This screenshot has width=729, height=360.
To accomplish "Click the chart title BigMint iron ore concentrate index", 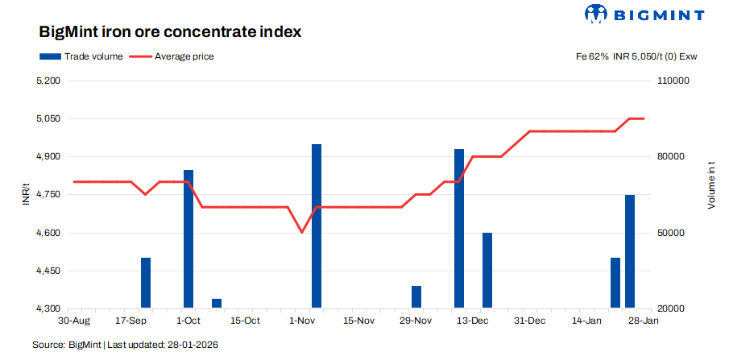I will pos(170,32).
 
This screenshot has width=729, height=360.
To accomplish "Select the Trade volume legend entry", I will pos(81,56).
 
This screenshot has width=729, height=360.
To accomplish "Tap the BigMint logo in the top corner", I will pos(644,14).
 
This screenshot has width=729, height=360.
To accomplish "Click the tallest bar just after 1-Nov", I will pos(317,226).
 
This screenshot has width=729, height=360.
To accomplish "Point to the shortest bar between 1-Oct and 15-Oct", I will pos(217,303).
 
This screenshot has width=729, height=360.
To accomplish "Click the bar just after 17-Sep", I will pos(146,282).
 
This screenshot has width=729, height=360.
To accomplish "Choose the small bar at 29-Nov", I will pos(416,296).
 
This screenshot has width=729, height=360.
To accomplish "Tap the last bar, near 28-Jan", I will pos(630,250).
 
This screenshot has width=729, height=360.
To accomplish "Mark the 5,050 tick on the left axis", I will pos(49,118).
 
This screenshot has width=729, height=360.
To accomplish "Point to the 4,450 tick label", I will pos(49,271).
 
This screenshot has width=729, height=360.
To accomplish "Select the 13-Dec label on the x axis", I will pos(473,321).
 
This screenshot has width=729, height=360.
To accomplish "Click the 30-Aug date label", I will pos(74,321).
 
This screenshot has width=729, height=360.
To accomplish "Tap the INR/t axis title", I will pos(26,194).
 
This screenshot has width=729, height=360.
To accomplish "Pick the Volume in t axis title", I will pos(711,185).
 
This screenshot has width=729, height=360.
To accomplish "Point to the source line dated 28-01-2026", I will pos(125,345).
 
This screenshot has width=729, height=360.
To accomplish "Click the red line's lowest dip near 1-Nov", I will pos(302,232).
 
